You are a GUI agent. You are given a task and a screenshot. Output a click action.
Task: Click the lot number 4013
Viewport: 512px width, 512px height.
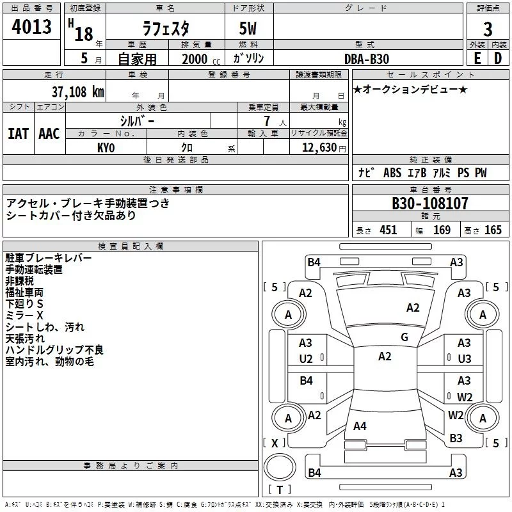click(x=32, y=29)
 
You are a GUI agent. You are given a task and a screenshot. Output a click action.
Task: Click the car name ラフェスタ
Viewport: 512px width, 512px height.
click(x=164, y=29)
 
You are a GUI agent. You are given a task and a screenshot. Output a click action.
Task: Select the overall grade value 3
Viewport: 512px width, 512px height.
click(x=488, y=29)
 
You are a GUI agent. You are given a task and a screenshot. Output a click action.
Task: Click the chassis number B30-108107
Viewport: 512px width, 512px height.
click(x=430, y=204)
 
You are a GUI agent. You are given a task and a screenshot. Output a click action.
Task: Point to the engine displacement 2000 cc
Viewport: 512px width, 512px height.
click(x=198, y=59)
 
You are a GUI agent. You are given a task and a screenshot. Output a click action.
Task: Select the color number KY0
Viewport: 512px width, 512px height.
click(x=106, y=148)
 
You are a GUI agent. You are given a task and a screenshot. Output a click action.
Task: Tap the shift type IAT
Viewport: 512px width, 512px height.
click(x=18, y=133)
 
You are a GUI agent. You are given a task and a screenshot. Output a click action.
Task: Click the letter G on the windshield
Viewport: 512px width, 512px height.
click(x=404, y=337)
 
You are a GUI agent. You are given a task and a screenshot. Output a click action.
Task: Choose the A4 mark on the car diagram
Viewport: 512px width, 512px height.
click(x=360, y=426)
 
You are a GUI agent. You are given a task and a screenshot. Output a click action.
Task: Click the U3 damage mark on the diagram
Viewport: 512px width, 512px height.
click(x=464, y=358)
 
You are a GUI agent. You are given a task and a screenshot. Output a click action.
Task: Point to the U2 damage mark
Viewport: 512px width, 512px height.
click(x=306, y=358)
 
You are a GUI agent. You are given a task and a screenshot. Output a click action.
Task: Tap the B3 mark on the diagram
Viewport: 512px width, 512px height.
click(x=456, y=438)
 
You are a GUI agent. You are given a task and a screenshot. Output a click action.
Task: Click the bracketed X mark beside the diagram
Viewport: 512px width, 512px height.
click(x=275, y=443)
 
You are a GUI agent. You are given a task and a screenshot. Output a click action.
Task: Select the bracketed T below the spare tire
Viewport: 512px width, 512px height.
click(x=280, y=490)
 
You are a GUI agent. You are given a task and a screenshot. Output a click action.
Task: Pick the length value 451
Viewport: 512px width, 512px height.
click(x=388, y=230)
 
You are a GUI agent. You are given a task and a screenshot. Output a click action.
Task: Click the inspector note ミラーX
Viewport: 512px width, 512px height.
click(x=24, y=316)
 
